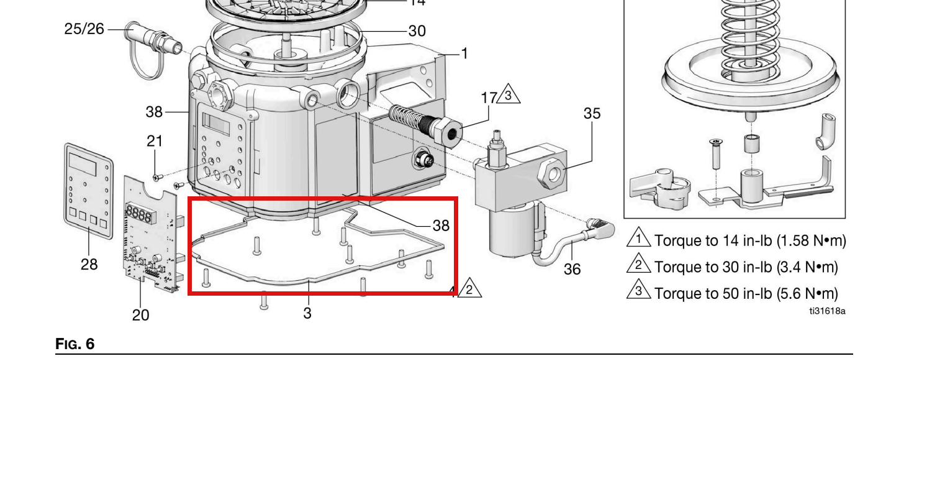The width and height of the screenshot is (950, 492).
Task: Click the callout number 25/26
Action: pyautogui.click(x=84, y=29)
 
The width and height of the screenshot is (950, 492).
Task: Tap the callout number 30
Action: pyautogui.click(x=417, y=31)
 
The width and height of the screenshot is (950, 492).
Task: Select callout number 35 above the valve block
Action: pyautogui.click(x=592, y=113)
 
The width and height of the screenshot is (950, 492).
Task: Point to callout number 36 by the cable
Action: pyautogui.click(x=572, y=269)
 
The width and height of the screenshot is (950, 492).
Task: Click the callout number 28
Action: pyautogui.click(x=89, y=264)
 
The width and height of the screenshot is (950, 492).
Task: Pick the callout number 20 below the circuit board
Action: pyautogui.click(x=140, y=315)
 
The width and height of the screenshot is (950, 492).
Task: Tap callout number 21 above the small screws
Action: pyautogui.click(x=155, y=141)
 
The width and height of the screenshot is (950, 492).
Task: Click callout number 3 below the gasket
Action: pyautogui.click(x=307, y=314)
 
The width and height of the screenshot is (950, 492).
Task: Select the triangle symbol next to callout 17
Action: pyautogui.click(x=508, y=94)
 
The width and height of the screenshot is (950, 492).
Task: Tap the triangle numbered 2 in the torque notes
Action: pyautogui.click(x=638, y=263)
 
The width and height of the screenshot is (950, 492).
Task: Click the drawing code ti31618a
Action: pyautogui.click(x=827, y=311)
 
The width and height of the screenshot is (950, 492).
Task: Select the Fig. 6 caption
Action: pyautogui.click(x=75, y=344)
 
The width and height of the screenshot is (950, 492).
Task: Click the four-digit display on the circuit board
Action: pyautogui.click(x=138, y=213)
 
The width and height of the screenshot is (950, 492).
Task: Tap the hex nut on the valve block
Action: pyautogui.click(x=553, y=173)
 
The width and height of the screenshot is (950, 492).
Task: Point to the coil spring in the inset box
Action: pyautogui.click(x=750, y=32)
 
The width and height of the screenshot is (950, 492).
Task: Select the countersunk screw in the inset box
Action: pyautogui.click(x=716, y=153)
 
